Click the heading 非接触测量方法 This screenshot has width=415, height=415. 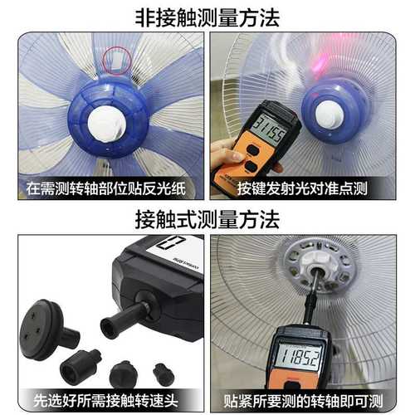point(207,15)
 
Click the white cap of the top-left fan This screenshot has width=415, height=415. point(105,125)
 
